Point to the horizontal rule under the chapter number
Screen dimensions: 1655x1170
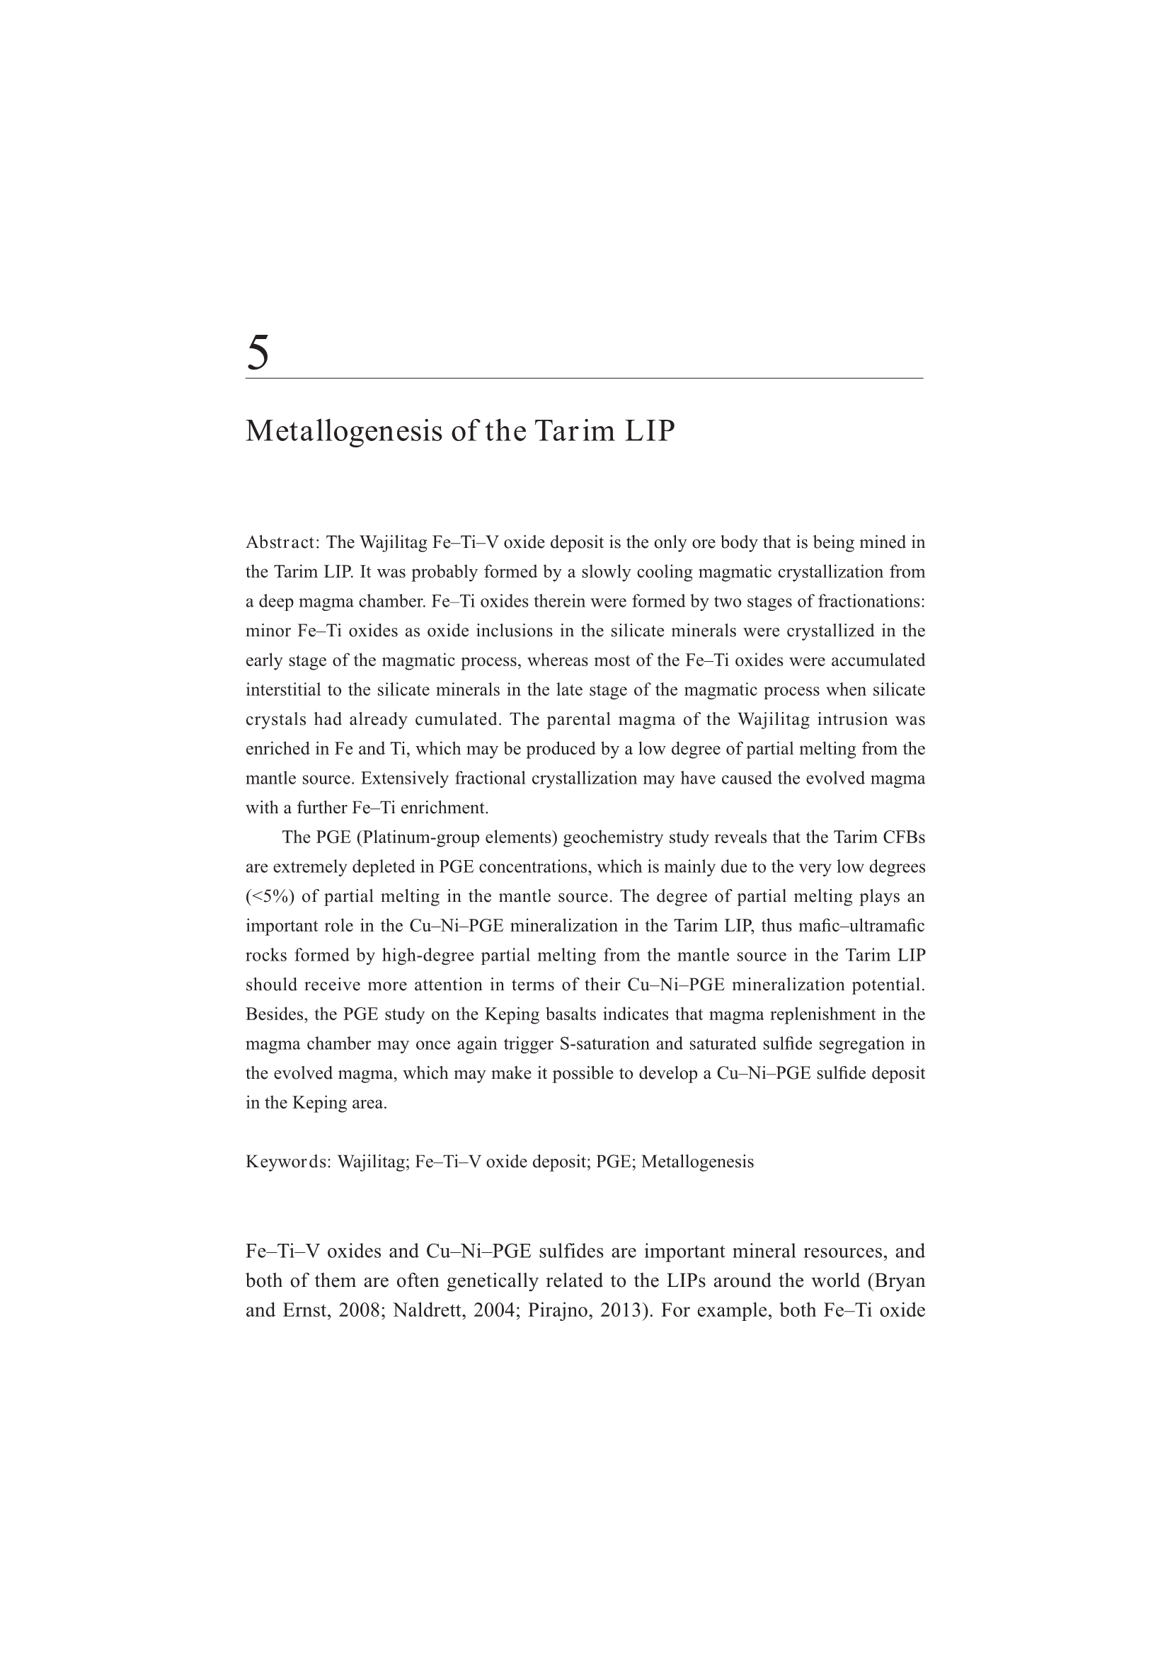pos(584,378)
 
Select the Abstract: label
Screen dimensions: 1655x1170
pos(282,542)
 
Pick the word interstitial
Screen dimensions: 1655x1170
pos(284,690)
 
